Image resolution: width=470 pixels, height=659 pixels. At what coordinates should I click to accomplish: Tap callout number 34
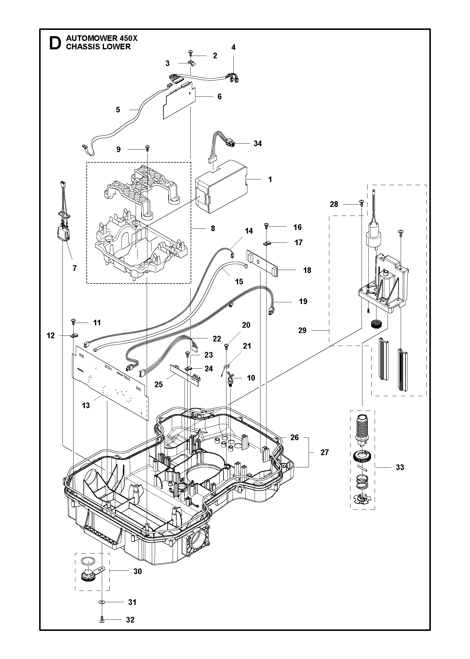[258, 144]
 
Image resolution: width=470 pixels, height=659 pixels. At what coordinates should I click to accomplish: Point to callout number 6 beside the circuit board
[220, 97]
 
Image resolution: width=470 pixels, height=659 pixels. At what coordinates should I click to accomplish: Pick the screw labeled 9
[147, 147]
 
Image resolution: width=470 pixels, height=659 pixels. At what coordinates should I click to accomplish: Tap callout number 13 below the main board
[86, 405]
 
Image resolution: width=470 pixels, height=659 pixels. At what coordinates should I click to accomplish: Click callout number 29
[302, 330]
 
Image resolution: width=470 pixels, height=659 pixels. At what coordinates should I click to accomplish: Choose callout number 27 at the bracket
[324, 452]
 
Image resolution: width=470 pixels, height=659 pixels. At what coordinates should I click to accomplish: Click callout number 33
[400, 467]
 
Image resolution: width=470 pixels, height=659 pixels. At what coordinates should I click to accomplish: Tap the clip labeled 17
[267, 243]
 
